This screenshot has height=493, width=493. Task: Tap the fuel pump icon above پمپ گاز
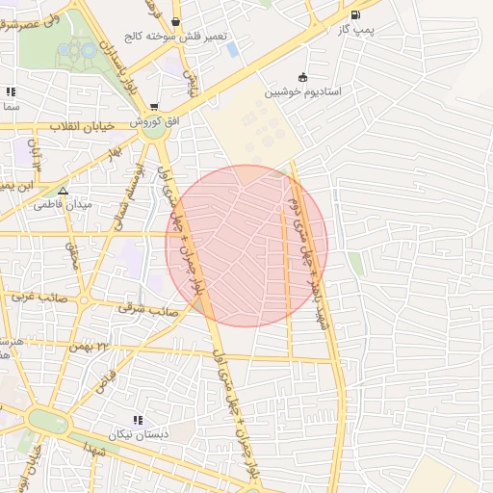tap(356, 14)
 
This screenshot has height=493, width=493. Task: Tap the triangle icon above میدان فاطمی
tap(63, 190)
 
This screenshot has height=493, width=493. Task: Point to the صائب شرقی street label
tap(138, 308)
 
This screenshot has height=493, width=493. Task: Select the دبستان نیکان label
tap(140, 434)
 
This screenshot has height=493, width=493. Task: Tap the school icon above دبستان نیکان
tap(138, 420)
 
